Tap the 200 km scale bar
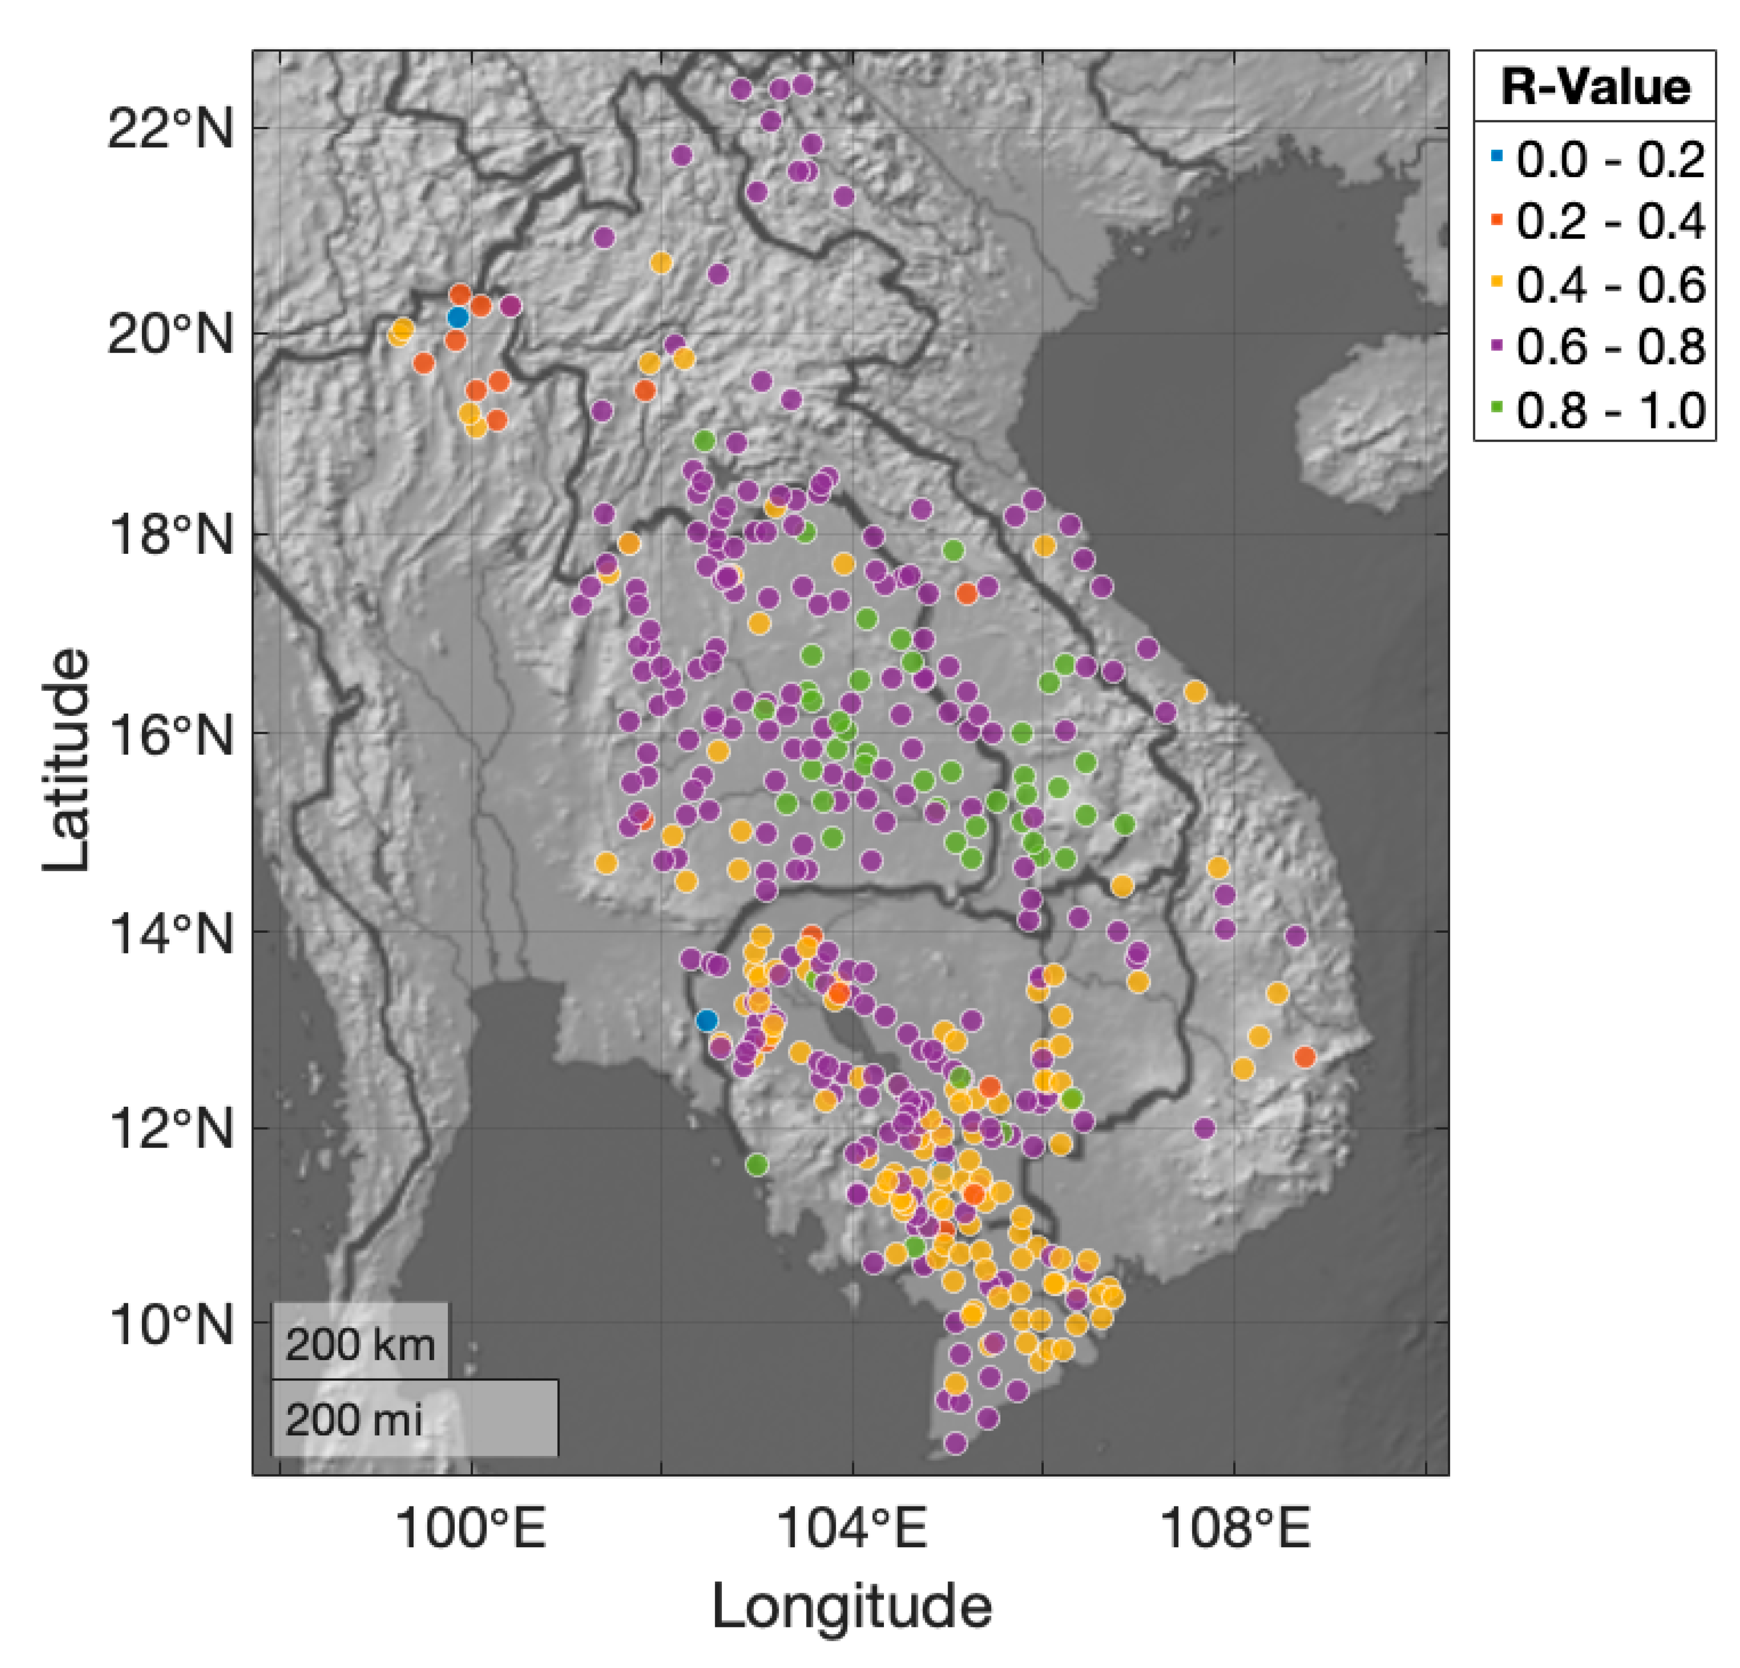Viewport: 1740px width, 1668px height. [360, 1344]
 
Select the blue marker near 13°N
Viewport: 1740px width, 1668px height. [707, 1020]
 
